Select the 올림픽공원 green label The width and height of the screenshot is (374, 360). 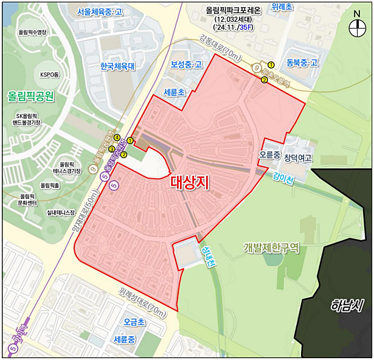[31, 95]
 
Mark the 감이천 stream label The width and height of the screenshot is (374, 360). [283, 179]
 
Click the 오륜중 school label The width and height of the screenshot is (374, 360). [269, 155]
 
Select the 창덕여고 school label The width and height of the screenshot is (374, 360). [298, 158]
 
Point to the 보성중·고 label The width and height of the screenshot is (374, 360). [186, 64]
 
